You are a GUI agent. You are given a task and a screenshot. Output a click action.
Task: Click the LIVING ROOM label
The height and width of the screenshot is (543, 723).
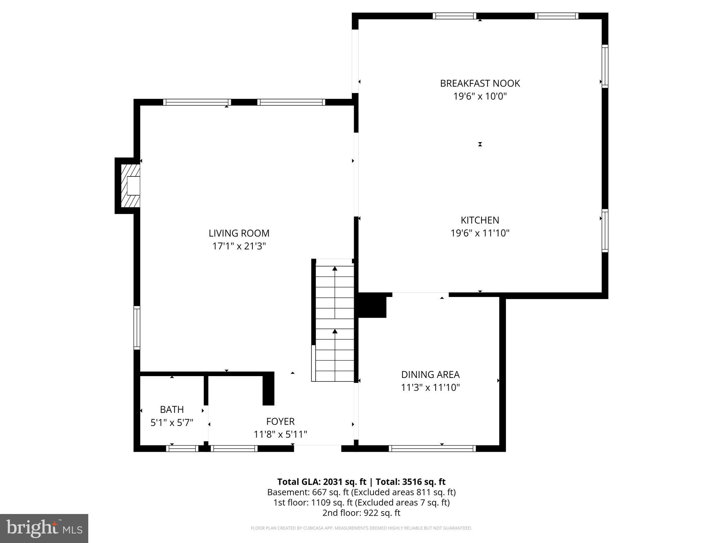(x=239, y=233)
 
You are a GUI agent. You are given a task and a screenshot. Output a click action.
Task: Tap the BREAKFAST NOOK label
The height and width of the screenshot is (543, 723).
(x=480, y=83)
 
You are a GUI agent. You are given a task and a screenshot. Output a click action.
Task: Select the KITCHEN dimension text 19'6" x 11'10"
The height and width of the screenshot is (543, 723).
(x=480, y=233)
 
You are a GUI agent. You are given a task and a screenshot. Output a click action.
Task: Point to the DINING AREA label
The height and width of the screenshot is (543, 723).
(x=430, y=374)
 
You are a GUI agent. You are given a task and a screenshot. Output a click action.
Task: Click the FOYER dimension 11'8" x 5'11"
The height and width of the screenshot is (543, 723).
(x=280, y=434)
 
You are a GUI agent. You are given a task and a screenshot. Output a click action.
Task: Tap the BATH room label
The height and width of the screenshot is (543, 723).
(x=172, y=409)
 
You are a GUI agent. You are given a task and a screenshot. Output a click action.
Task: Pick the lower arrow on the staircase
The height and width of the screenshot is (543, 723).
(x=335, y=332)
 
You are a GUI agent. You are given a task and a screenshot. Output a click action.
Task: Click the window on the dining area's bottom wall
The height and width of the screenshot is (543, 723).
(x=432, y=448)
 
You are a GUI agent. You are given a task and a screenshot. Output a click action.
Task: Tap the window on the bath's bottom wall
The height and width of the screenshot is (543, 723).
(x=182, y=448)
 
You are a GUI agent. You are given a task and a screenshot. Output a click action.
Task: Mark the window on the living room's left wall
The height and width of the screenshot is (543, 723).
(x=137, y=328)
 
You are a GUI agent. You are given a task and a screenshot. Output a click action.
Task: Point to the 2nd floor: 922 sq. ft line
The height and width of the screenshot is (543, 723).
(x=361, y=513)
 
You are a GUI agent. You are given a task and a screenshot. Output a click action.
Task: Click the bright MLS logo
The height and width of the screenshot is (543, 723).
(x=44, y=528)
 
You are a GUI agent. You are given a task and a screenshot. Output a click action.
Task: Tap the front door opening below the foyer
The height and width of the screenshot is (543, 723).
(x=317, y=448)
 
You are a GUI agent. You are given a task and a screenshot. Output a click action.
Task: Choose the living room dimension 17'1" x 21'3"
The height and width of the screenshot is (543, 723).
(x=239, y=246)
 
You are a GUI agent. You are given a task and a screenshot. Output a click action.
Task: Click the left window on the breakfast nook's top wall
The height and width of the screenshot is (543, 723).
(x=454, y=16)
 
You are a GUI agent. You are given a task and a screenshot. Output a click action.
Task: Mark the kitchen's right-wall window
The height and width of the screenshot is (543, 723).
(x=605, y=230)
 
